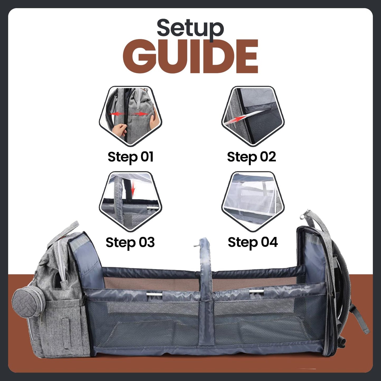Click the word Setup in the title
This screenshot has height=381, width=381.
click(190, 28)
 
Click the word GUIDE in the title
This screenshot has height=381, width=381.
click(190, 56)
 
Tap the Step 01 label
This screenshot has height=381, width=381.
click(131, 157)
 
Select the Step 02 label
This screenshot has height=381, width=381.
click(252, 157)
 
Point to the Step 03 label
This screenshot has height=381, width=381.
click(130, 243)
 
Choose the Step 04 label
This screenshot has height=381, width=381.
click(253, 242)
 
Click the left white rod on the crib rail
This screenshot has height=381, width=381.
click(155, 294)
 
